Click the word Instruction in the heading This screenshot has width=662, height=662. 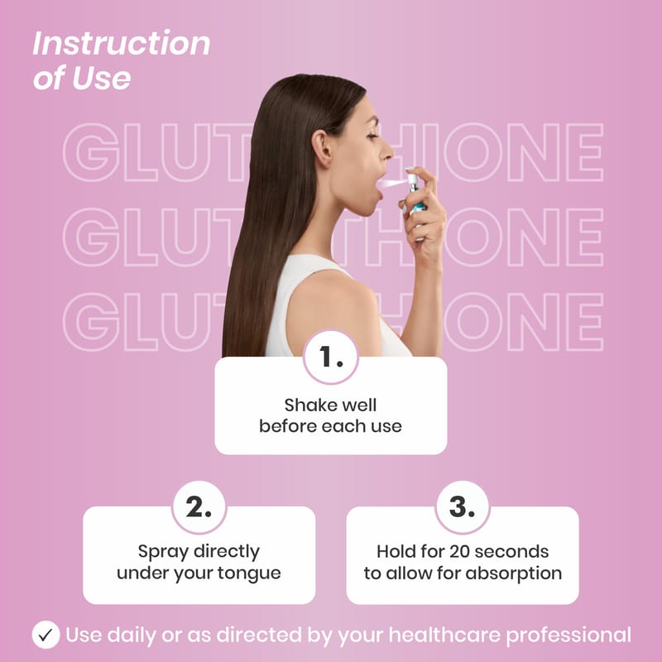click(122, 43)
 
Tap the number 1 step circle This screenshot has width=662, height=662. click(330, 357)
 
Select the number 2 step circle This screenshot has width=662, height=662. click(199, 506)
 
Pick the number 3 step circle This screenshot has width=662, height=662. click(463, 506)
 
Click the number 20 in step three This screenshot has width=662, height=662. click(459, 551)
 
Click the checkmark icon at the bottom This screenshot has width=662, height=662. click(46, 635)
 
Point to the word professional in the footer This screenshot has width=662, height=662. click(568, 636)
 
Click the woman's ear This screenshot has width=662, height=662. click(322, 149)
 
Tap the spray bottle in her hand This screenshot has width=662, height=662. click(416, 203)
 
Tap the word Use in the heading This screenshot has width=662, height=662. click(101, 79)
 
